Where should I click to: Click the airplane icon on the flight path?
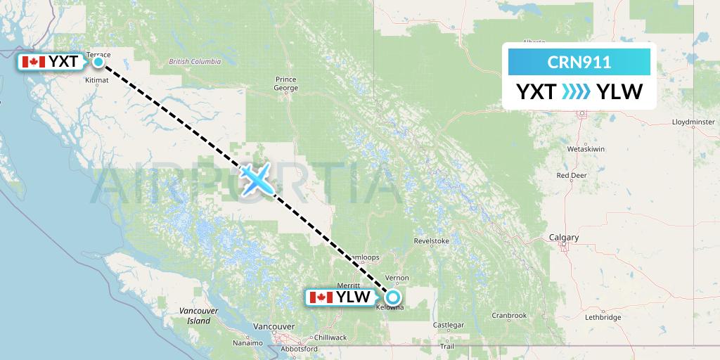click(x=256, y=179)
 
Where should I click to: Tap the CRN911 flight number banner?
click(x=579, y=62)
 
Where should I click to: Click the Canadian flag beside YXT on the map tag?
click(x=33, y=62)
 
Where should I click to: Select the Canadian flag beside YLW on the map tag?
click(x=321, y=297)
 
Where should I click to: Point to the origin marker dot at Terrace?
click(x=98, y=62)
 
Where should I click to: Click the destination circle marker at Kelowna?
click(x=393, y=297)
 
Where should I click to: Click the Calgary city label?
click(x=564, y=238)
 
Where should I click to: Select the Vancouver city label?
click(x=275, y=327)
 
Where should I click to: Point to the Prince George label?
click(x=287, y=84)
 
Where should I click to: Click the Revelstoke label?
click(x=432, y=241)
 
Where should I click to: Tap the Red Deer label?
click(x=572, y=175)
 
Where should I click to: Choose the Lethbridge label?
click(x=603, y=318)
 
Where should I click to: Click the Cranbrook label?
click(x=509, y=316)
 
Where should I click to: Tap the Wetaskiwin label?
click(x=586, y=150)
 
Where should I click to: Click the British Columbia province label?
click(x=195, y=62)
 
